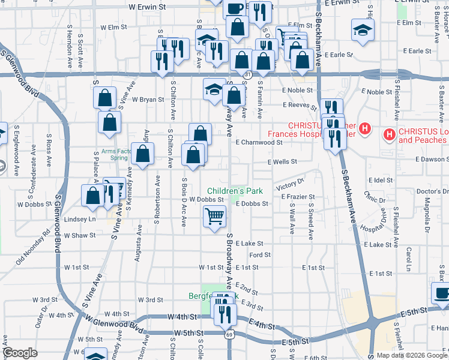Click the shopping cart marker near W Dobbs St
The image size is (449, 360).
pyautogui.click(x=214, y=215)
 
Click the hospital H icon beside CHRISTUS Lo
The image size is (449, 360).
pyautogui.click(x=390, y=134)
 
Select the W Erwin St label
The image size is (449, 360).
pyautogui.click(x=147, y=7)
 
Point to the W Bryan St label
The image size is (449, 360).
pyautogui.click(x=148, y=100)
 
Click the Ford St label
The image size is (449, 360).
pyautogui.click(x=260, y=255)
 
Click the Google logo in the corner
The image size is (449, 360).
pyautogui.click(x=20, y=353)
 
